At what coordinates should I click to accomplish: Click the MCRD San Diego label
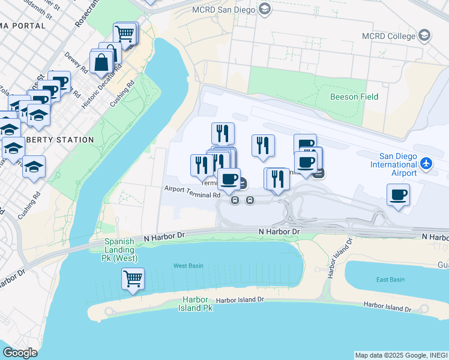(223, 10)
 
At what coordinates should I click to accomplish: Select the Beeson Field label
(354, 97)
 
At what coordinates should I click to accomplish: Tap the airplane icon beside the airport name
(426, 163)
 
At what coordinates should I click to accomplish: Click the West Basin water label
(188, 265)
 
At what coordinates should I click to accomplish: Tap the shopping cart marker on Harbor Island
(133, 278)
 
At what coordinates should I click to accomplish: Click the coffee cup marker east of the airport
(398, 194)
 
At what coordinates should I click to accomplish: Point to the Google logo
(20, 352)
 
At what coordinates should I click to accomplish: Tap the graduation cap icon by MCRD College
(424, 35)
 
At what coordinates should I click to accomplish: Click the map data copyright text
(401, 355)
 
